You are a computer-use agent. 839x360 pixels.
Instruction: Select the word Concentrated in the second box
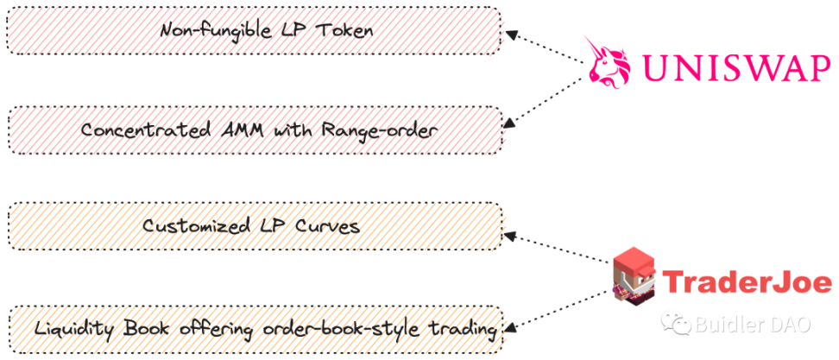(137, 129)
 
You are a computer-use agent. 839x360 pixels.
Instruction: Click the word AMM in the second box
(226, 129)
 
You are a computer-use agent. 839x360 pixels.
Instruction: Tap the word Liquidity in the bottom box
(73, 328)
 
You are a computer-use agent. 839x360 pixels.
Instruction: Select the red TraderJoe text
(748, 281)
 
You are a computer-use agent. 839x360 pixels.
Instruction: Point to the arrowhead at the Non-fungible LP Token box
(510, 35)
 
